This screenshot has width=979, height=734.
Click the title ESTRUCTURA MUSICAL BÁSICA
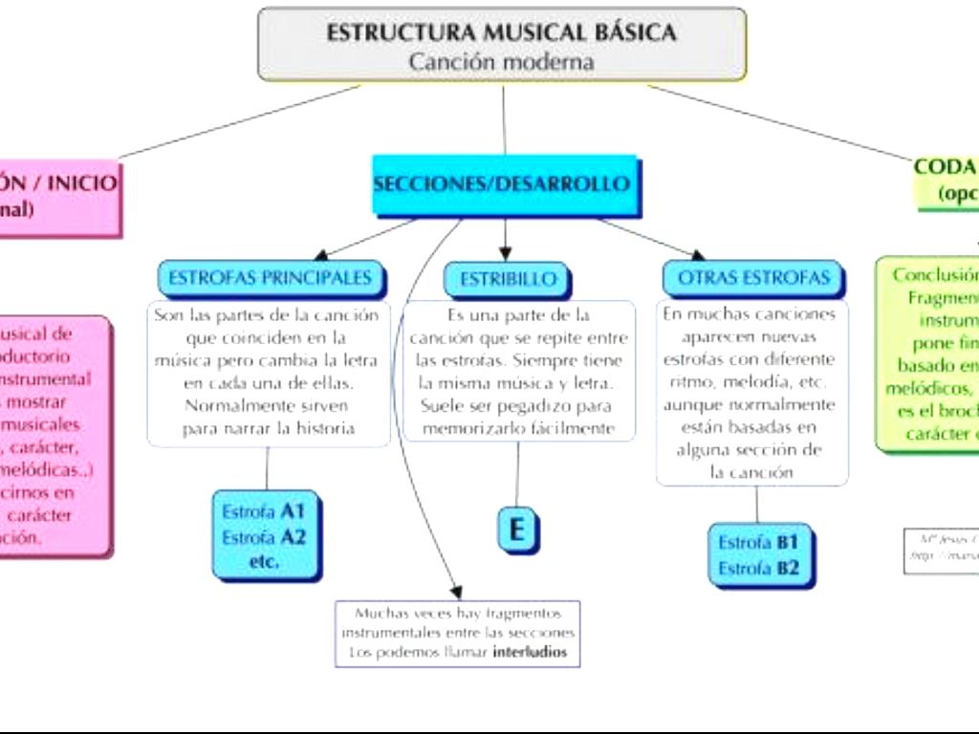pos(501,32)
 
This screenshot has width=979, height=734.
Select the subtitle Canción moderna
pos(501,62)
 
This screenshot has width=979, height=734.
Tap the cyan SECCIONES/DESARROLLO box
pos(503,184)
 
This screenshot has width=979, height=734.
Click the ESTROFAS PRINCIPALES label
pos(270,278)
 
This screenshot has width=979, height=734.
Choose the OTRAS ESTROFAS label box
pos(753,278)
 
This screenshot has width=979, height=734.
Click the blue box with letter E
pos(517,529)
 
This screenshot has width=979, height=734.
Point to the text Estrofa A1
pos(263,510)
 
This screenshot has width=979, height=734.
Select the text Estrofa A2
pos(263,537)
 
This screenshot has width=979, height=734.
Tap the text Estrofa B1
pos(758,542)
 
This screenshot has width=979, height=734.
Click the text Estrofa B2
pos(758,569)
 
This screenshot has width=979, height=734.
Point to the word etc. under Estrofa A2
pos(264,562)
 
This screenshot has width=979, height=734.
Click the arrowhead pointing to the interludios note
pos(456,593)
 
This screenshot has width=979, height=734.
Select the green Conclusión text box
pos(927,354)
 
